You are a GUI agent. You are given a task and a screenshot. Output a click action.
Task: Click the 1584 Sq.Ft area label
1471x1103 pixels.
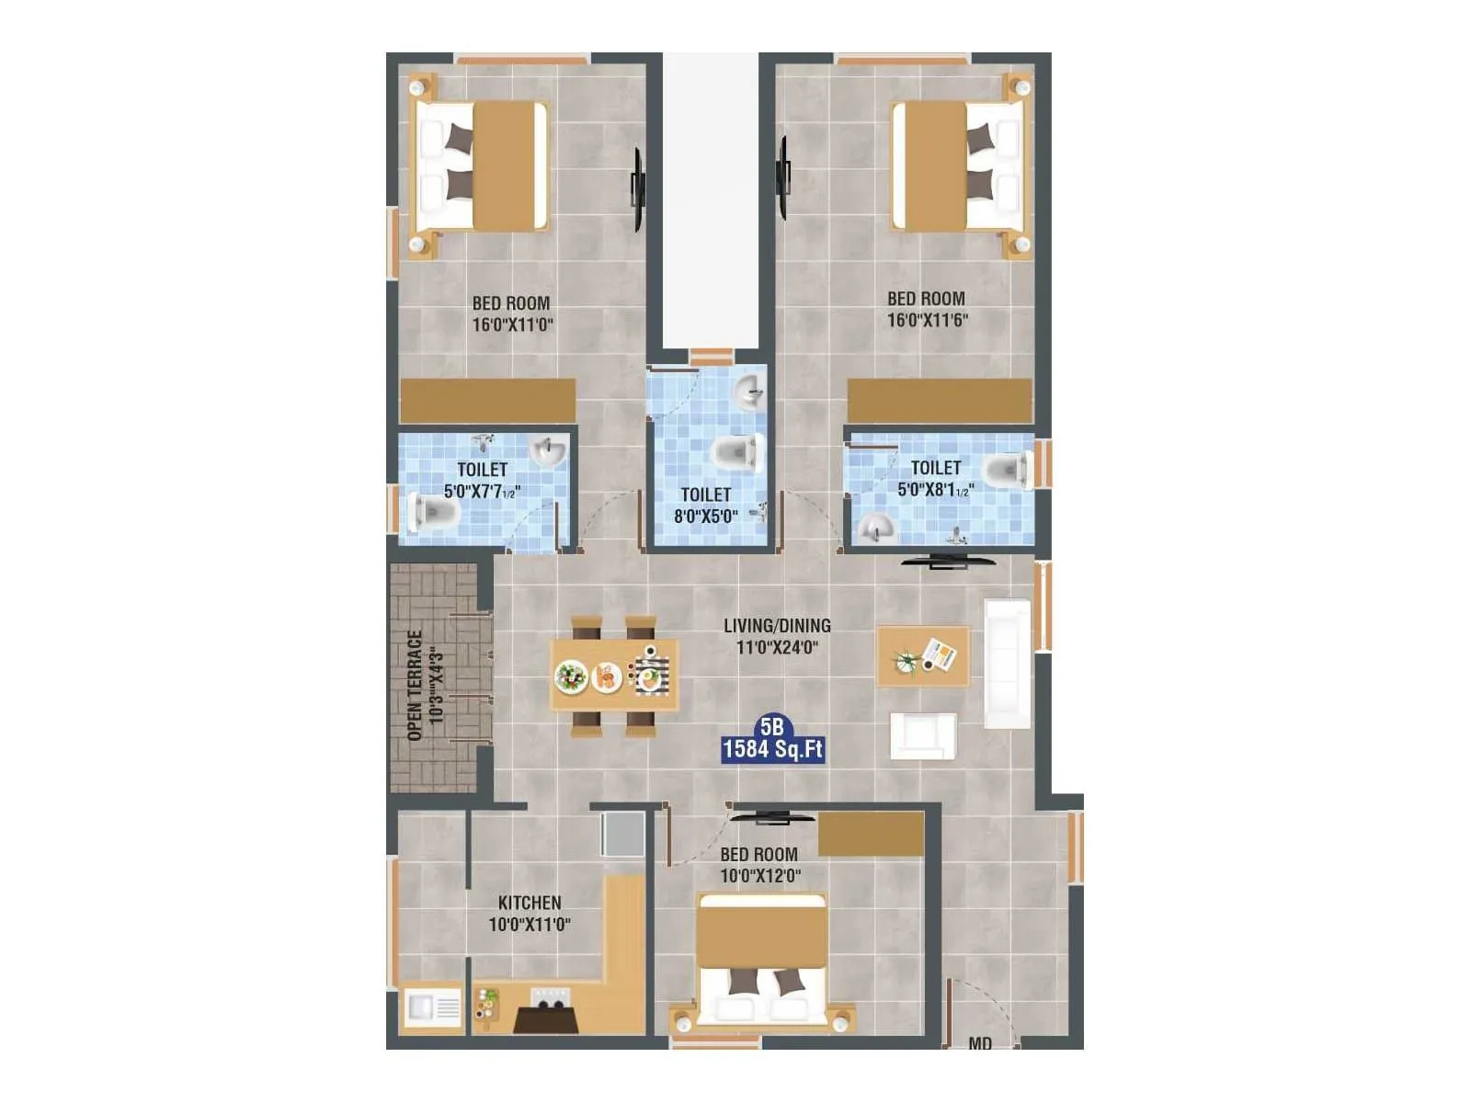772,749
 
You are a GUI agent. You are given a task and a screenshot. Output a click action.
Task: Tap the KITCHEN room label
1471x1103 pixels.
530,903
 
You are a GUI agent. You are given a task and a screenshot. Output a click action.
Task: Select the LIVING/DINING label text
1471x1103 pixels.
777,625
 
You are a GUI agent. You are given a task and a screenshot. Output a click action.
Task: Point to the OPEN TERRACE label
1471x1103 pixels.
415,685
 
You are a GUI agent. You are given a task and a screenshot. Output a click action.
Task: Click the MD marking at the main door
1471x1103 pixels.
980,1043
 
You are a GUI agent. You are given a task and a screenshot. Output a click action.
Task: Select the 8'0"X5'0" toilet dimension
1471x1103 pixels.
705,517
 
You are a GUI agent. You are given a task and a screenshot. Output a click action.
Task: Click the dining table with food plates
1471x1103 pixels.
614,677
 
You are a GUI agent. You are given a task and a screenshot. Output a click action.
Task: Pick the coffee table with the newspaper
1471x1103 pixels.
923,656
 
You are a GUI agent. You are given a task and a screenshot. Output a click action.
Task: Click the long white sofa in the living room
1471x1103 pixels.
1008,663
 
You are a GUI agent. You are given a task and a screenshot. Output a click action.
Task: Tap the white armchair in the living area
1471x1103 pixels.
923,735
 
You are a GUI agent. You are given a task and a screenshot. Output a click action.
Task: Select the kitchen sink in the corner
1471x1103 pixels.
432,1008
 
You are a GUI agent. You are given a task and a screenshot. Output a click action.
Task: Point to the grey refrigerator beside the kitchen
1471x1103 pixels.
622,833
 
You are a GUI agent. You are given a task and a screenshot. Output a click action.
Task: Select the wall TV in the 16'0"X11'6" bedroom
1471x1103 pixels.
783,177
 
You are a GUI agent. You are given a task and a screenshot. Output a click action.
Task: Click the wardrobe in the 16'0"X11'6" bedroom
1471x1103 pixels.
940,402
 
